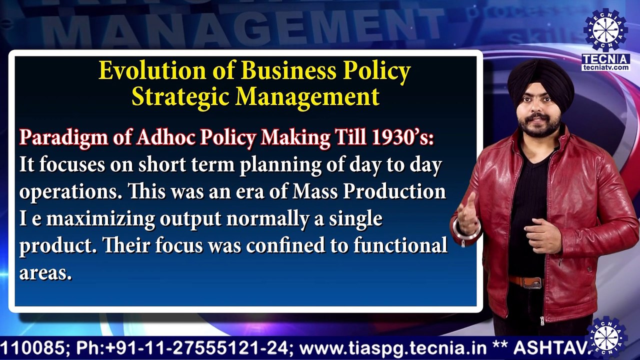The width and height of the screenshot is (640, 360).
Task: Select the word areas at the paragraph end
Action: point(45,273)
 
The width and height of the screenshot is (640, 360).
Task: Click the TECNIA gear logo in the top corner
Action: point(606,30)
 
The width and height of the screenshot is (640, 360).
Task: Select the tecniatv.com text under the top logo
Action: point(606,67)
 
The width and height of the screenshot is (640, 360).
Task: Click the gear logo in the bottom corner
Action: point(606,337)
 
